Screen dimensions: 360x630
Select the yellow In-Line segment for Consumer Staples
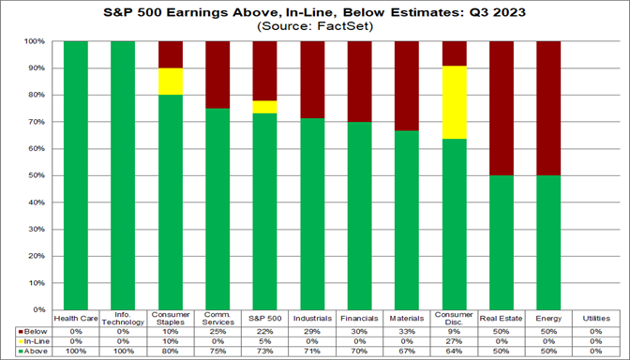(x=171, y=82)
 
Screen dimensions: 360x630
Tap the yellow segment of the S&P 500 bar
(x=265, y=107)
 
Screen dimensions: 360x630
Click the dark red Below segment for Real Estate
(x=502, y=108)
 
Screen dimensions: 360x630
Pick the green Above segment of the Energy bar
(x=548, y=242)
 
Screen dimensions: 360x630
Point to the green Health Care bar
(x=76, y=175)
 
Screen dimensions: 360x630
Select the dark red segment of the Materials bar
(x=407, y=85)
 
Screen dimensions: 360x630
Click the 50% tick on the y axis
(x=40, y=175)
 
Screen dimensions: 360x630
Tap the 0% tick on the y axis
(x=42, y=309)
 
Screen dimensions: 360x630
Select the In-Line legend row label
(x=33, y=341)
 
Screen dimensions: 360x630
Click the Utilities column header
(x=595, y=318)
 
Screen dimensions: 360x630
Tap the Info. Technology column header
(x=124, y=319)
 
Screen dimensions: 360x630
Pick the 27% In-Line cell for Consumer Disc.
(x=454, y=341)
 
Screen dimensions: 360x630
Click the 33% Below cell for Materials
(x=407, y=332)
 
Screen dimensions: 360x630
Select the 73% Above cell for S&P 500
(x=265, y=351)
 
